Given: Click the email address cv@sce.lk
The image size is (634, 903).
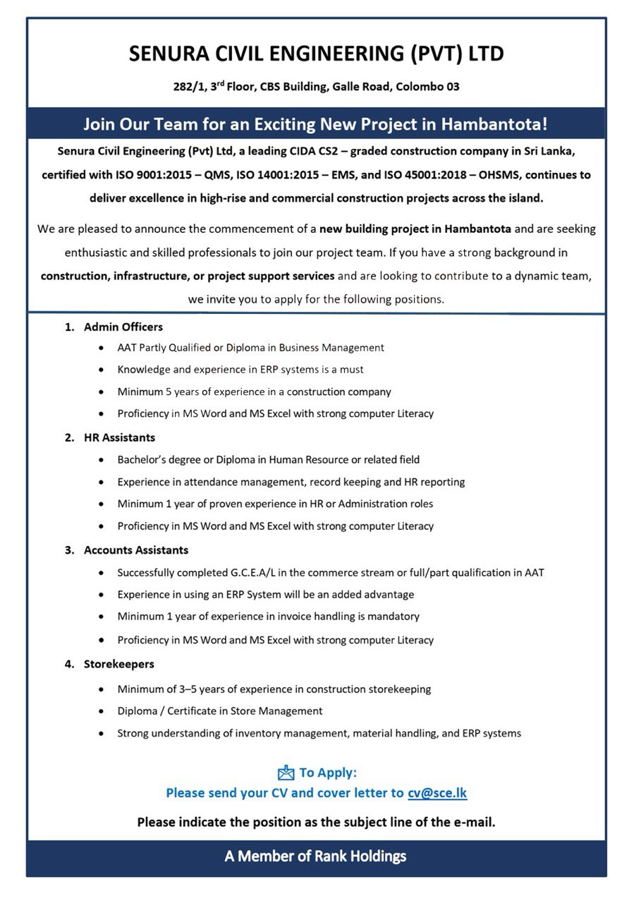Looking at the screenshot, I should [437, 793].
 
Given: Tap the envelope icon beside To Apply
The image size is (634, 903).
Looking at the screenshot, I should [286, 773].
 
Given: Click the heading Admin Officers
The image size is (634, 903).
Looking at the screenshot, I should [123, 327].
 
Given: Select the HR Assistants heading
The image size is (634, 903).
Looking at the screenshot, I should [119, 437].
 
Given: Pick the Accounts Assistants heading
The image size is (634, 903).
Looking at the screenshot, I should [135, 550].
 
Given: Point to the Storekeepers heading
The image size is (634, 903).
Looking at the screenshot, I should [118, 664].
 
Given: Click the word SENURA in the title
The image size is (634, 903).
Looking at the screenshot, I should [170, 54].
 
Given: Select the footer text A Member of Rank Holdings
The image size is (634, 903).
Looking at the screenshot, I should [316, 856].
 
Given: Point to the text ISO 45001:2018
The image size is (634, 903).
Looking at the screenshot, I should [439, 174].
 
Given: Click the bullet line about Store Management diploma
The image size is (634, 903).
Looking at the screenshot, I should [220, 711].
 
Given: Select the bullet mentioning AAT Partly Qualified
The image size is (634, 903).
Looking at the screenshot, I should [250, 348].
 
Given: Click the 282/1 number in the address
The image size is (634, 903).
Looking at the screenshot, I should [187, 87].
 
